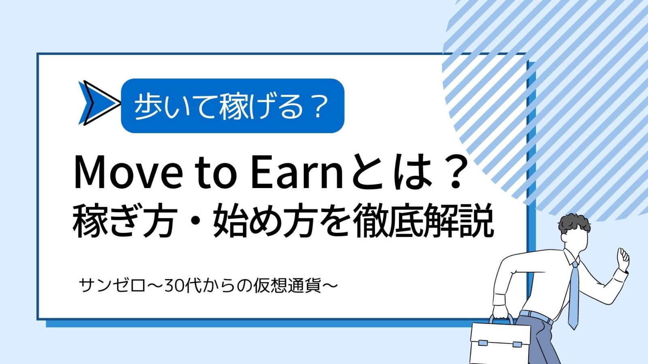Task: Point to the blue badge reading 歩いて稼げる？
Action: [x=232, y=106]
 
